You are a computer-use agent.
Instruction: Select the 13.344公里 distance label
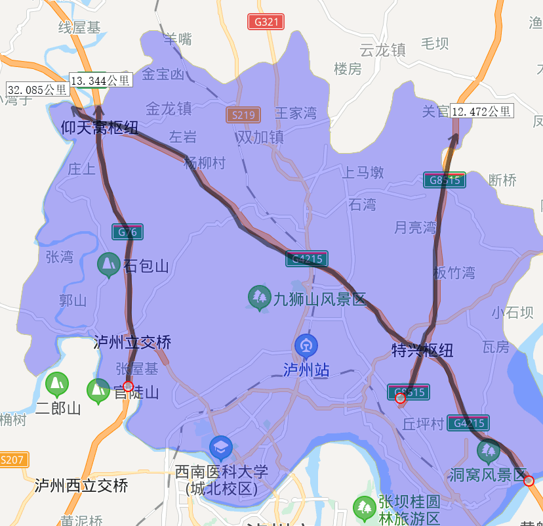100,80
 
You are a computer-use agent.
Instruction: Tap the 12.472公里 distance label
482,111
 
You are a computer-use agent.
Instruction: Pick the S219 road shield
243,116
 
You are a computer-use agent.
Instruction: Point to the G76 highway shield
127,232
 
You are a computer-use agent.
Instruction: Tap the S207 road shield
13,460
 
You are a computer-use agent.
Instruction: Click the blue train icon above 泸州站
306,345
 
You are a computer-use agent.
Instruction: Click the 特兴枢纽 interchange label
422,350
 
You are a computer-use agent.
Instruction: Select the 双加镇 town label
260,137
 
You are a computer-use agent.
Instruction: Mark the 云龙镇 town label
383,49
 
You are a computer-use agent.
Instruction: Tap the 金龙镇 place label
169,108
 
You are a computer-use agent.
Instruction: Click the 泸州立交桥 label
132,342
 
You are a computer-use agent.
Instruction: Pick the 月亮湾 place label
415,228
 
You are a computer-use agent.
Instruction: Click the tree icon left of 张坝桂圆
364,508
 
